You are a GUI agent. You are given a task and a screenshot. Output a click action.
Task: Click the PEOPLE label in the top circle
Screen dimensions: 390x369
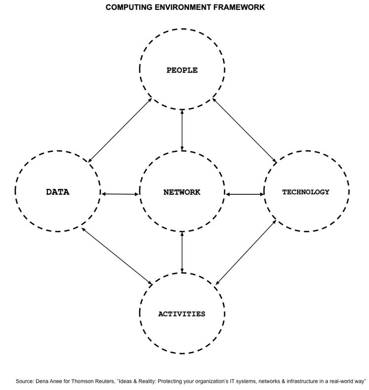[182, 70]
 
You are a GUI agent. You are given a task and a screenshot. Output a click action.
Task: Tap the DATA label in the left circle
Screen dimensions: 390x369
[57, 192]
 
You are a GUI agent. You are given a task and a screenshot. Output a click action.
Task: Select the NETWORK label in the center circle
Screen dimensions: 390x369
[182, 192]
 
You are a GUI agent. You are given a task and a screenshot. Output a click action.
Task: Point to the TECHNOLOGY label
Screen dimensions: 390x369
[306, 192]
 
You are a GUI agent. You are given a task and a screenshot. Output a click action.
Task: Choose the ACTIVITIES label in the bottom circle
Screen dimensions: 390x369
[182, 314]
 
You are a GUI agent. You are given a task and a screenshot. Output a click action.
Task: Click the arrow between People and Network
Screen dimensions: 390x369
[182, 130]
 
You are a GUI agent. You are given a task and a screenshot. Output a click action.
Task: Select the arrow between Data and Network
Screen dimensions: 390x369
[120, 194]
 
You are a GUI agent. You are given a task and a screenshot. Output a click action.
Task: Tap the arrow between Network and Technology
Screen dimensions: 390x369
[245, 194]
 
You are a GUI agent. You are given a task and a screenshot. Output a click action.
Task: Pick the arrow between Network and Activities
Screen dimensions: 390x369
[182, 252]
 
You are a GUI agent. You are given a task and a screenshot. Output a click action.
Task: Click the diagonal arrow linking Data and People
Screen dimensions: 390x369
[120, 130]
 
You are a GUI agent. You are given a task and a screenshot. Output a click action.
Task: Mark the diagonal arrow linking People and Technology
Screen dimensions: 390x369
[245, 130]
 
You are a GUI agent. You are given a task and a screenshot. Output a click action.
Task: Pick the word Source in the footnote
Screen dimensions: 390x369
[24, 381]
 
